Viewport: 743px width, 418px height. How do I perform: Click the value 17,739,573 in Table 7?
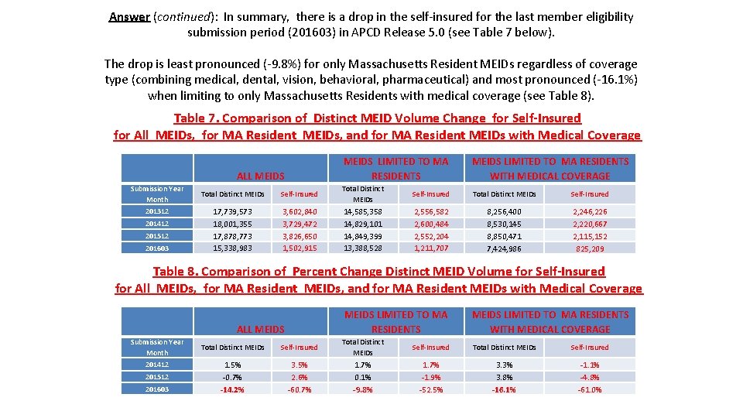pos(232,211)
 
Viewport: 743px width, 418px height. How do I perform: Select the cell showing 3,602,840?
pos(299,211)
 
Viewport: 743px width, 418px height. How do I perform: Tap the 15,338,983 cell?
pos(232,248)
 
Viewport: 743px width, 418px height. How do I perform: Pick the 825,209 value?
pos(590,248)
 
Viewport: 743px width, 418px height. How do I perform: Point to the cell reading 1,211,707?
pos(430,248)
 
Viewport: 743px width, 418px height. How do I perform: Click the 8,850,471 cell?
pos(504,236)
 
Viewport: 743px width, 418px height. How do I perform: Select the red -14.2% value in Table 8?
pos(232,389)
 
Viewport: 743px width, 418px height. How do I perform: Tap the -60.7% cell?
pos(299,389)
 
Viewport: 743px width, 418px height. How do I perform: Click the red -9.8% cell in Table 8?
pos(362,389)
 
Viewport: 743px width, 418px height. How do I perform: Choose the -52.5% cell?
pos(430,389)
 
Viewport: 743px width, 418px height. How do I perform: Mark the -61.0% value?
pos(590,389)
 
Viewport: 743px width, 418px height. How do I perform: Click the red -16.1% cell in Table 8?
pos(504,389)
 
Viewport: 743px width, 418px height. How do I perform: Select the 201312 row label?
pos(157,211)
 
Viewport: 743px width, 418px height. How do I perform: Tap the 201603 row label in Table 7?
pos(157,248)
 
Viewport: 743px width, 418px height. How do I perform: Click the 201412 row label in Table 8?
pos(157,365)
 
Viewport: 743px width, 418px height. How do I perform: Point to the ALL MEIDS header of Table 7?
pos(260,176)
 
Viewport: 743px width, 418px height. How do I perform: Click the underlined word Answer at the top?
pos(129,16)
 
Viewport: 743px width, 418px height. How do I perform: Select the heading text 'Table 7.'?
pos(197,118)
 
